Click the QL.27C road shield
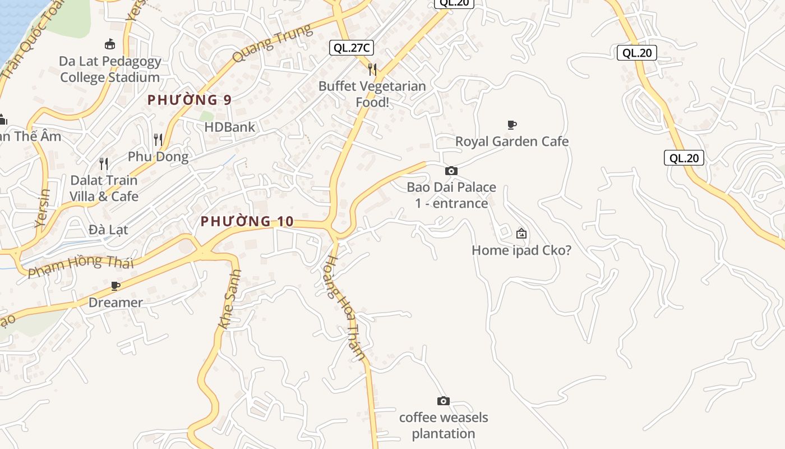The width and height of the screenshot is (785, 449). pyautogui.click(x=352, y=48)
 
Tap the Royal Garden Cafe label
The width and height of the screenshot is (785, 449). pyautogui.click(x=512, y=141)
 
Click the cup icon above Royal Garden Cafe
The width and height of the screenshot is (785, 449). pyautogui.click(x=511, y=125)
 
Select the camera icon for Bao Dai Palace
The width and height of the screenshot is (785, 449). pyautogui.click(x=451, y=171)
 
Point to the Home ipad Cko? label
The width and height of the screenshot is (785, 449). pyautogui.click(x=521, y=250)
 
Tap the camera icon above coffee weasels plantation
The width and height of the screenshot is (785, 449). pyautogui.click(x=443, y=401)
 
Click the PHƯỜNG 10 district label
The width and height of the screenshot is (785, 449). pyautogui.click(x=247, y=222)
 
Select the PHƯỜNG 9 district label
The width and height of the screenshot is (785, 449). pyautogui.click(x=190, y=100)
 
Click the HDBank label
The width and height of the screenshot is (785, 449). pyautogui.click(x=230, y=127)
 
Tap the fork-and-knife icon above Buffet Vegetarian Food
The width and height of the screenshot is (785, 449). pyautogui.click(x=372, y=69)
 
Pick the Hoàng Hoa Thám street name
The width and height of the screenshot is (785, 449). pyautogui.click(x=345, y=307)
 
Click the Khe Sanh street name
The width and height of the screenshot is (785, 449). pyautogui.click(x=229, y=299)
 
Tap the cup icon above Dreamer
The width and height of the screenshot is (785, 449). pyautogui.click(x=116, y=286)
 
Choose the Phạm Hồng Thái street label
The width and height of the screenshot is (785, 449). pyautogui.click(x=81, y=265)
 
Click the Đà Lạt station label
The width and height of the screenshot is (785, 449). pyautogui.click(x=108, y=230)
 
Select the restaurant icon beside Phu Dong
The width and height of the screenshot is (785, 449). pyautogui.click(x=158, y=139)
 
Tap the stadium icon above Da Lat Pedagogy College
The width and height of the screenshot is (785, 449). pyautogui.click(x=110, y=44)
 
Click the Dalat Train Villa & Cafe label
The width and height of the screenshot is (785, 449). pyautogui.click(x=104, y=188)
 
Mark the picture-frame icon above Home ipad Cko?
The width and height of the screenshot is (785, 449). pyautogui.click(x=521, y=233)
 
